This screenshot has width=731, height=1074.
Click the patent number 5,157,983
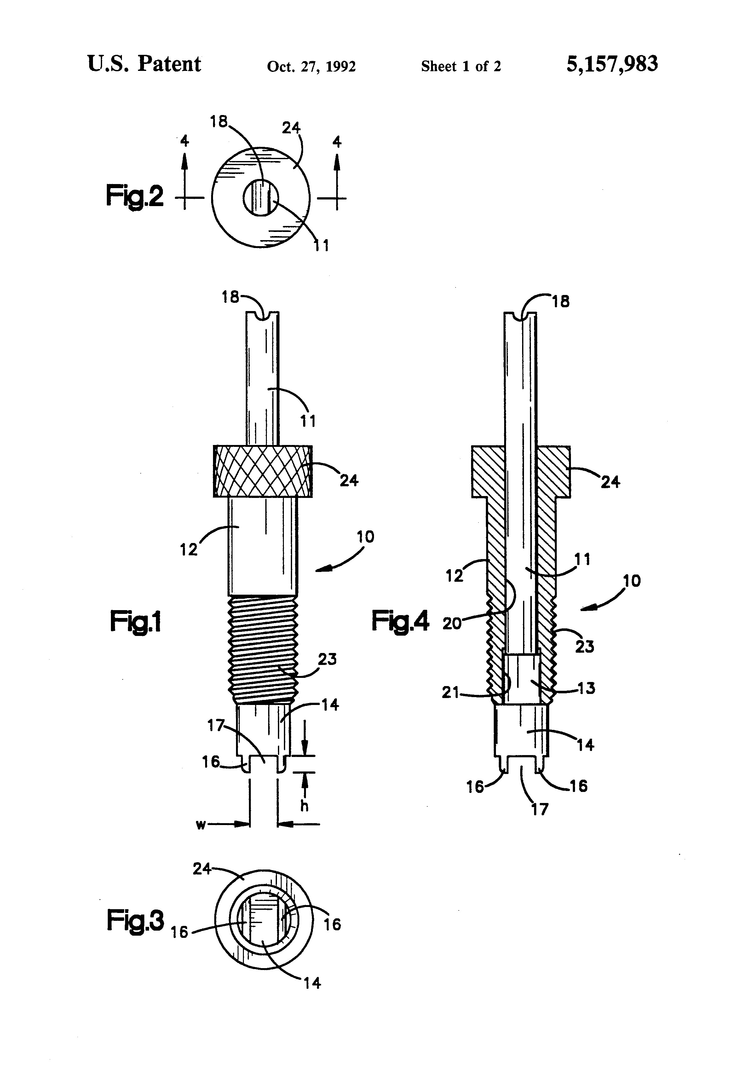612,64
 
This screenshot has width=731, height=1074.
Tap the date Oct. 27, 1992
311,66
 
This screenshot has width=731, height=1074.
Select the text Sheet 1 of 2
461,66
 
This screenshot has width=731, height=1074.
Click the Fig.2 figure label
135,195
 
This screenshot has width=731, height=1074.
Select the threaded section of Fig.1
263,649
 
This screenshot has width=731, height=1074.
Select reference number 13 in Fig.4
586,688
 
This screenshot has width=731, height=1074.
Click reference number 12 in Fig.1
188,550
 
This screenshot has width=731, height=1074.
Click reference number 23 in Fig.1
327,659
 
